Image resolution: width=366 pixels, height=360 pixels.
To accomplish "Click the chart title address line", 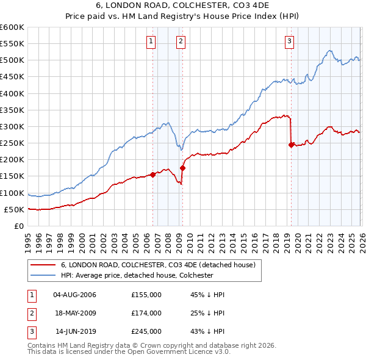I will [183, 5].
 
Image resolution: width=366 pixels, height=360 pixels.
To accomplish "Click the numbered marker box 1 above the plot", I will [151, 41].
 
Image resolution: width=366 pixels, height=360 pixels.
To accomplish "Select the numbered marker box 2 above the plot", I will [181, 41].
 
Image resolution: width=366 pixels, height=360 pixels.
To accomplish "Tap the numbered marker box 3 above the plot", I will [289, 41].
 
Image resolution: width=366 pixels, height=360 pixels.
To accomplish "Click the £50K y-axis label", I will [15, 209].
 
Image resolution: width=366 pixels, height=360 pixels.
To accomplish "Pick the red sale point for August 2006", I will [152, 175].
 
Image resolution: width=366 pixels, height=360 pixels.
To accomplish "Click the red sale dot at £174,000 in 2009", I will [182, 168].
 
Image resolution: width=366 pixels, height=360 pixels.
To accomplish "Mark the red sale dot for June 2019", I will [291, 145].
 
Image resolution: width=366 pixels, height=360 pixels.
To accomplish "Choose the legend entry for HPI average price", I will [136, 275].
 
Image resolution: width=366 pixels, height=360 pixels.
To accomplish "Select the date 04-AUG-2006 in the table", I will [74, 295].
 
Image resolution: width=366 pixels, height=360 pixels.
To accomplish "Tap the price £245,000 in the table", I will [146, 333].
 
